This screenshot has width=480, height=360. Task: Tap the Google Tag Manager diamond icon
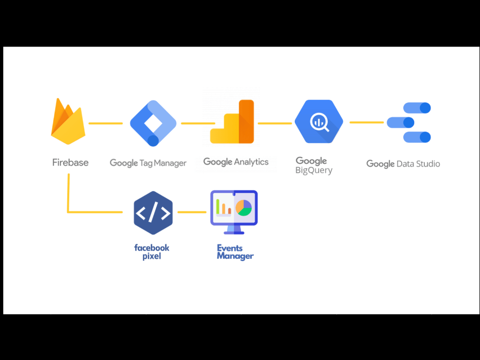[x=153, y=123]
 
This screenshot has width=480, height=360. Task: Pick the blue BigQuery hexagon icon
[x=319, y=122]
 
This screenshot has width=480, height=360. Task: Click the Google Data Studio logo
[x=409, y=122]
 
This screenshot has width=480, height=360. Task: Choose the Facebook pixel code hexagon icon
[x=153, y=213]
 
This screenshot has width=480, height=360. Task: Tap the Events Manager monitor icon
[x=234, y=212]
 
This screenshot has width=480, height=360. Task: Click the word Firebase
[x=70, y=162]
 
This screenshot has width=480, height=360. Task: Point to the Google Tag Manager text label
[x=148, y=163]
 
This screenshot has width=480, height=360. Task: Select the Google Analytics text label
[x=236, y=162]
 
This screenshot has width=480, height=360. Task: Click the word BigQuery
[x=314, y=170]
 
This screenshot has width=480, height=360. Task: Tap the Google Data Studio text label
[x=403, y=164]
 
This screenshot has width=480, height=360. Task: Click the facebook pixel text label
[x=152, y=252]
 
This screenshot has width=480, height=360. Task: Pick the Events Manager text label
[x=235, y=252]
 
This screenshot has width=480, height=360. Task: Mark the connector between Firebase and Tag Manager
[x=106, y=123]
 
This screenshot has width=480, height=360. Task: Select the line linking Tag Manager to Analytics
[x=197, y=123]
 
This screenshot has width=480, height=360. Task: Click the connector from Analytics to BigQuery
[x=275, y=123]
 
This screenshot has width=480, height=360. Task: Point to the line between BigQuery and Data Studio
[x=366, y=122]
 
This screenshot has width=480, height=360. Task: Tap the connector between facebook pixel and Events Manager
[x=192, y=212]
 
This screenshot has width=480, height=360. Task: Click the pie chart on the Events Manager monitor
[x=244, y=208]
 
